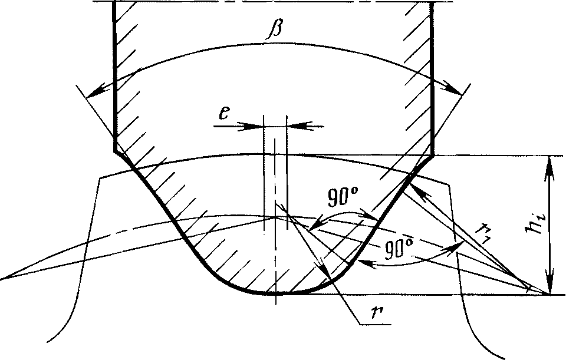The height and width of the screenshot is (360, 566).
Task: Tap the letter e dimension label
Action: point(224,114)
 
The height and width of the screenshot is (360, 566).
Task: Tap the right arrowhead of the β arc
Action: point(452,89)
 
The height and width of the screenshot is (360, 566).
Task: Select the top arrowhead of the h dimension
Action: point(549,166)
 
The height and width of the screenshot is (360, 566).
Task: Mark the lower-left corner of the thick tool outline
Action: point(114,152)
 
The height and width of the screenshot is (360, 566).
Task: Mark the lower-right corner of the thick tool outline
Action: point(432,156)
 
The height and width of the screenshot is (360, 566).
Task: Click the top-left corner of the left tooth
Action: point(100,178)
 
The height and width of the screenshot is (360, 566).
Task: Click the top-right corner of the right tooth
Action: point(449,186)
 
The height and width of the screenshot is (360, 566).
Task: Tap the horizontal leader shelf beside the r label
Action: point(375,325)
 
